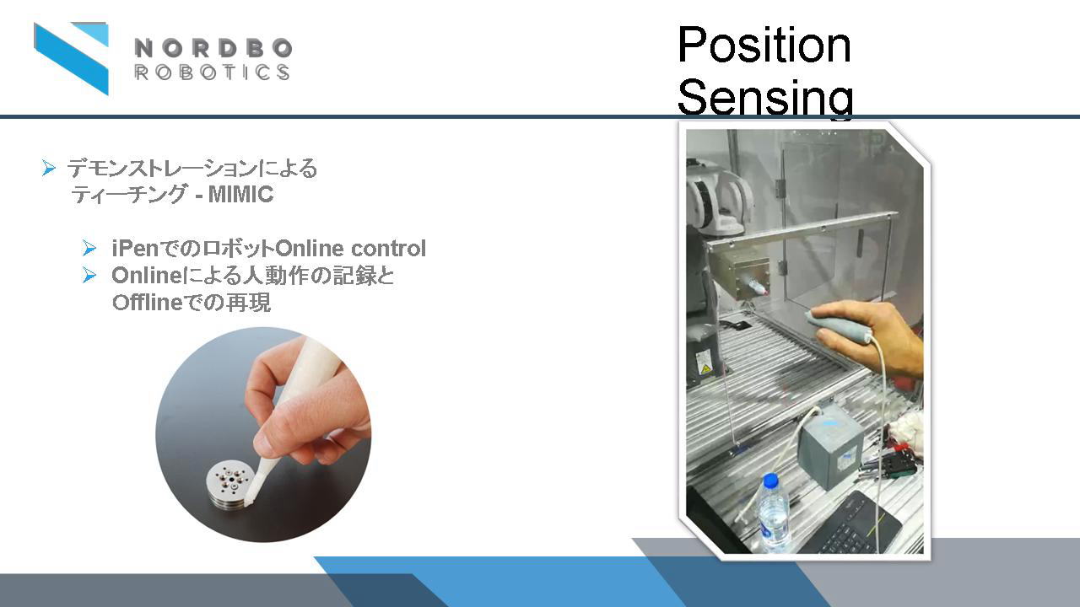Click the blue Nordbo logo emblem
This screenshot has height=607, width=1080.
coord(72,58)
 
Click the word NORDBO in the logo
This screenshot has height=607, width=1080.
coord(213,49)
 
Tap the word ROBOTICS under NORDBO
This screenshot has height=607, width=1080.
coord(212,73)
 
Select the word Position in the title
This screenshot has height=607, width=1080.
coord(764,45)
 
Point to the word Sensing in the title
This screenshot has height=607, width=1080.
coord(765,98)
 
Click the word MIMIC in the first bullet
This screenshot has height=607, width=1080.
coord(240,195)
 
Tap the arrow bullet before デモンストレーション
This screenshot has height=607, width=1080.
coord(48,168)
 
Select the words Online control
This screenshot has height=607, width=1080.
coord(350,248)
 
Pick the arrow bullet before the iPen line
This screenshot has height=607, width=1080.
coord(89,248)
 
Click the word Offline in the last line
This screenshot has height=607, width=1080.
coord(148,303)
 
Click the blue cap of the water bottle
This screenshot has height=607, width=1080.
coord(770,480)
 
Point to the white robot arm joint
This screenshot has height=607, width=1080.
coord(717,202)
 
